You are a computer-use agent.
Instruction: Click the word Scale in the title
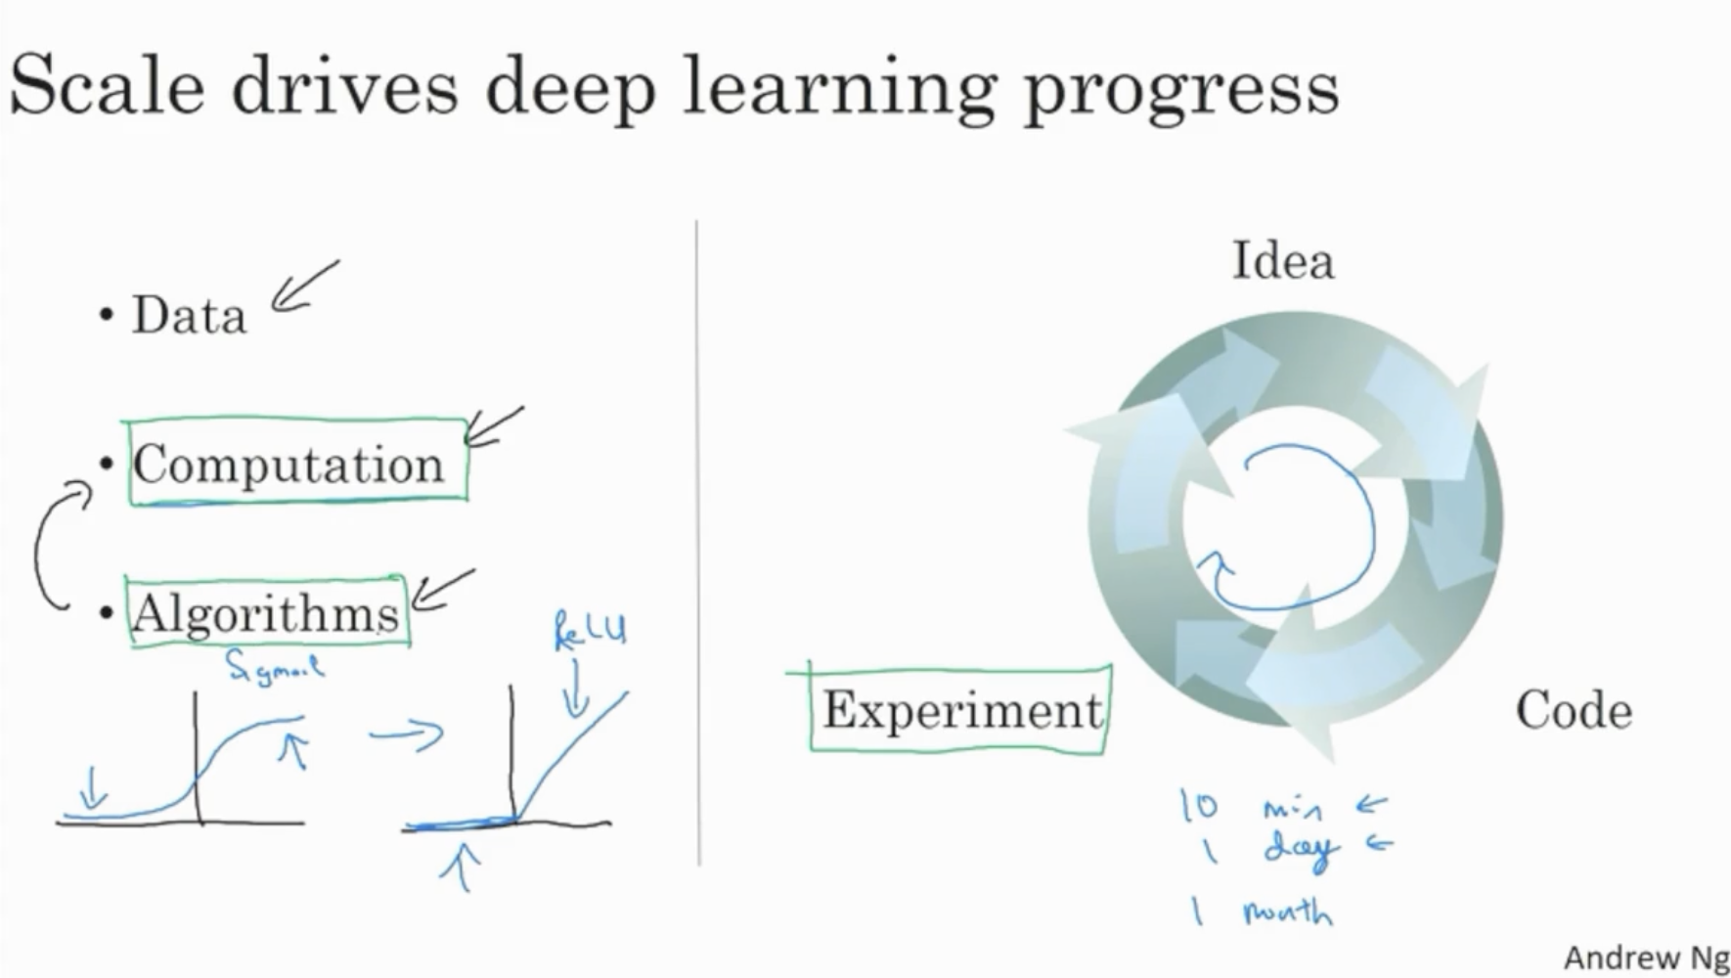(x=107, y=86)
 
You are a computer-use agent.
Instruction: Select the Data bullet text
(x=189, y=316)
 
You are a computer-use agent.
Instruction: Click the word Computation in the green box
(x=288, y=465)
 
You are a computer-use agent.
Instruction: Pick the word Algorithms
(x=265, y=614)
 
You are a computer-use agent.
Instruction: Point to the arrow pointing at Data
(x=303, y=287)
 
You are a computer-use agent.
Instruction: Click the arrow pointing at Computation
(x=493, y=427)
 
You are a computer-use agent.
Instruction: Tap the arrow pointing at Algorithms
(x=442, y=590)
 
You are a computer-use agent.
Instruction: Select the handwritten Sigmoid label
(x=274, y=667)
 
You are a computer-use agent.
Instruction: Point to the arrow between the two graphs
(x=407, y=733)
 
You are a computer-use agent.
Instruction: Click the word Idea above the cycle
(x=1282, y=261)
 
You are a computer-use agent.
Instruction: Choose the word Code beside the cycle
(x=1574, y=710)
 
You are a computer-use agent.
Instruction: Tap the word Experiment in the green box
(x=962, y=710)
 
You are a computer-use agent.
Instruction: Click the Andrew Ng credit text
(x=1645, y=957)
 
